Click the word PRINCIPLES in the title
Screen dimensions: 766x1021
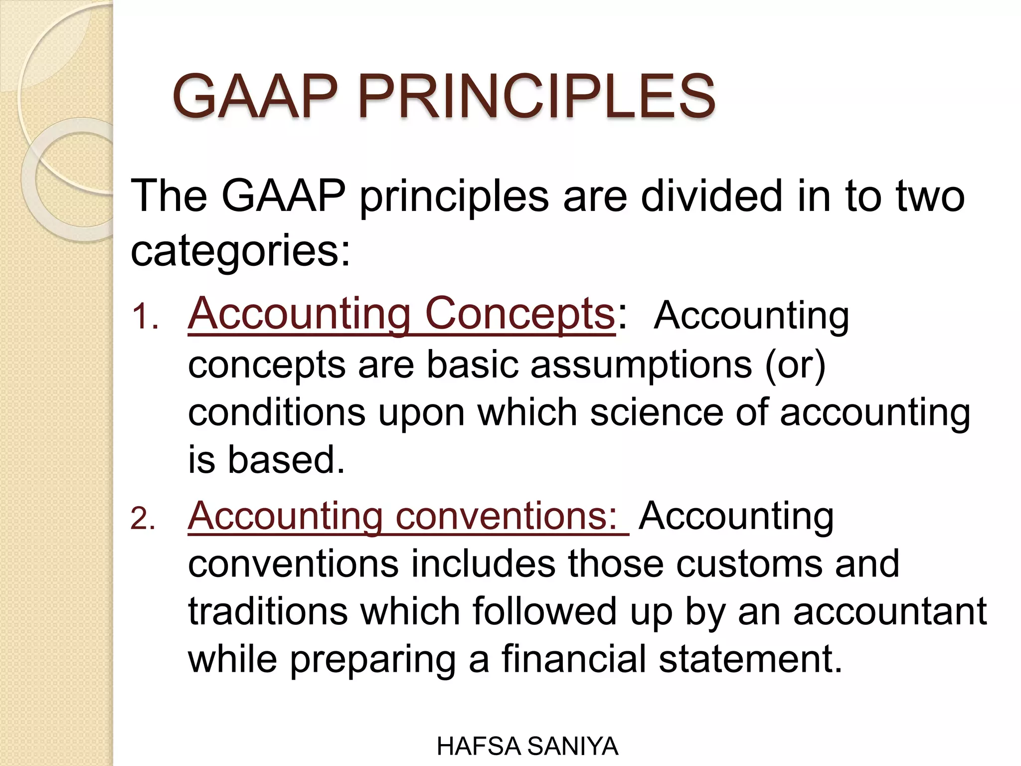tap(536, 96)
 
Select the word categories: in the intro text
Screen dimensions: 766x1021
tap(240, 251)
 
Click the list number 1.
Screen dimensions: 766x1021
tap(144, 317)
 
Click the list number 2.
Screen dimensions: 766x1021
tap(143, 519)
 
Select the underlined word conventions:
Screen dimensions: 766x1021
tap(507, 516)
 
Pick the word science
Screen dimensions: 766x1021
tap(656, 412)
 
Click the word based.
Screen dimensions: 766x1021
tap(286, 460)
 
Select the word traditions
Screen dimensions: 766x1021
tap(268, 611)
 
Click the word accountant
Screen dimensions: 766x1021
tap(889, 611)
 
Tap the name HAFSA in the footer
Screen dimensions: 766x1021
tap(479, 747)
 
